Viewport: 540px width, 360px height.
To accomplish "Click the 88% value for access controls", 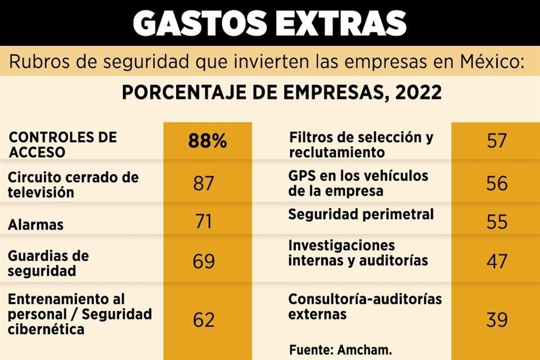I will coord(208,141).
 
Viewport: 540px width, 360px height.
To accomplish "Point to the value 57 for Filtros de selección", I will coord(497,141).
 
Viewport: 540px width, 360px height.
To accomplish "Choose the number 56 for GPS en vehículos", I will coord(497,183).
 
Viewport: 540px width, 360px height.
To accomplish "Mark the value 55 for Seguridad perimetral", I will coord(497,221).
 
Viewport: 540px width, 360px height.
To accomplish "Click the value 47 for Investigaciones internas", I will coord(497,262).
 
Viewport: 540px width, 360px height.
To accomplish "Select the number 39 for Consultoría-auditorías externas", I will coord(497,320).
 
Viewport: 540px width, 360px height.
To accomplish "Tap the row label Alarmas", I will coord(35,225).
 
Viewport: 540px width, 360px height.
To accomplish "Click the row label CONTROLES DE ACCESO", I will coord(62,144).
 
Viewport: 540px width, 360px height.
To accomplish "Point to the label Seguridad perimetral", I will coord(361,214).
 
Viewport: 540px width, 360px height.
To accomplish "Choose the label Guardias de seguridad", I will coord(49,263).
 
